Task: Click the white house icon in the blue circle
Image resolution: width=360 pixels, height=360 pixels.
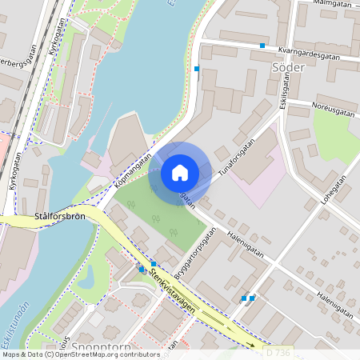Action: click(x=180, y=172)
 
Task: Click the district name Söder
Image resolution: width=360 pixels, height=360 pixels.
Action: click(x=288, y=68)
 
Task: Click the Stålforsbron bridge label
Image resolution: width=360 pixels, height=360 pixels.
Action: click(x=59, y=217)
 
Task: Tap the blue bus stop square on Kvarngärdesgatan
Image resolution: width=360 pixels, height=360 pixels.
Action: click(x=262, y=46)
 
